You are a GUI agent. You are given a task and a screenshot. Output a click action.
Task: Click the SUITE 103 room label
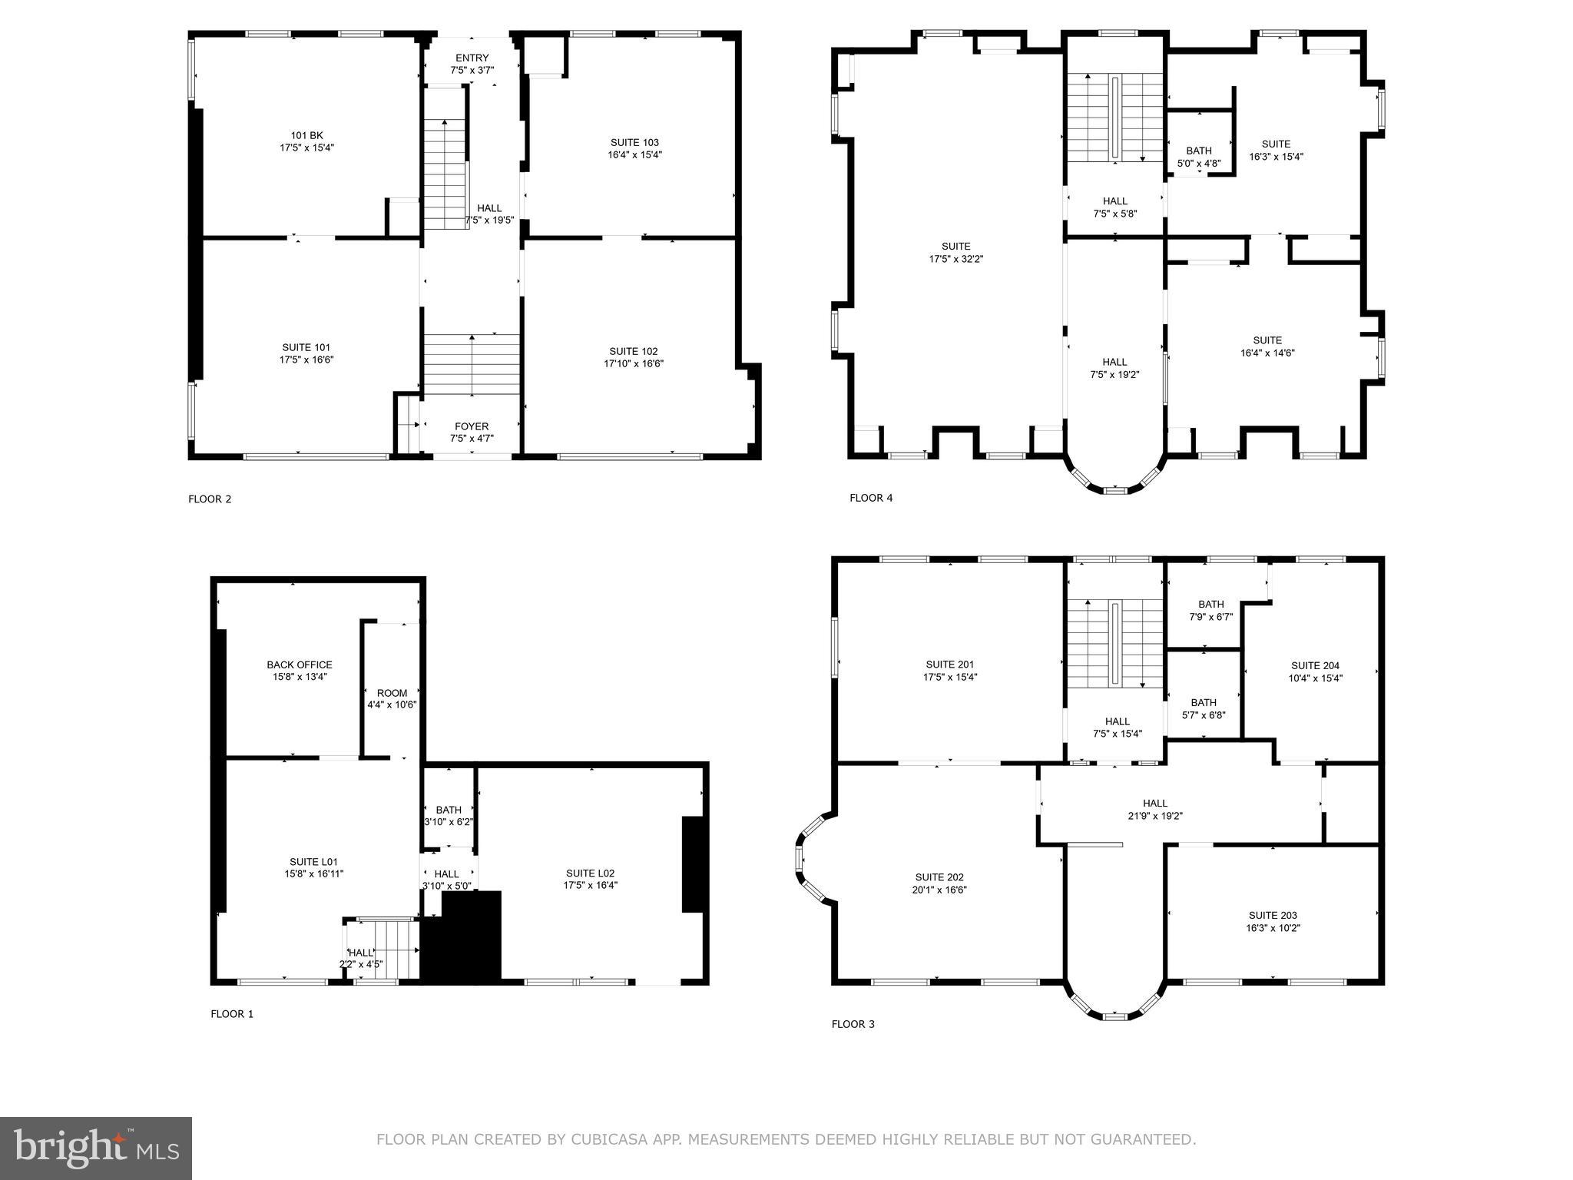click(x=634, y=148)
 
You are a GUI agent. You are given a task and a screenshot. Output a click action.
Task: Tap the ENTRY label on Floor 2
click(x=472, y=64)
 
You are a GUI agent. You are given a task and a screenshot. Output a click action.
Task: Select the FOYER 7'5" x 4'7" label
click(x=472, y=433)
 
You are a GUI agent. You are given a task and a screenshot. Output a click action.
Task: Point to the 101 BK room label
click(x=306, y=141)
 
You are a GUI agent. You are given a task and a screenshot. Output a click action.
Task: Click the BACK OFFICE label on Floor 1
click(x=300, y=671)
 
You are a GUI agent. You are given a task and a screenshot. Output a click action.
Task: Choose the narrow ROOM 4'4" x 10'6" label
click(x=392, y=698)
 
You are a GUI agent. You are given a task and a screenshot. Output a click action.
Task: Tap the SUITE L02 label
click(x=590, y=879)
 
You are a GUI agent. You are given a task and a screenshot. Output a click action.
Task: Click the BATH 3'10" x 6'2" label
click(x=449, y=815)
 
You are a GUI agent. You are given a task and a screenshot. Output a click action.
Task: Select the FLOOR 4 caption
click(x=871, y=498)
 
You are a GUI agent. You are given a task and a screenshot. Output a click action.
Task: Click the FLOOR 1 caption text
click(x=232, y=1014)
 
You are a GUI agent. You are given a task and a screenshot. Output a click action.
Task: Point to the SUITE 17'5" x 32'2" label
click(x=956, y=253)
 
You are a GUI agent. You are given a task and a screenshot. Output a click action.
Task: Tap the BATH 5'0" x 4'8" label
click(x=1198, y=157)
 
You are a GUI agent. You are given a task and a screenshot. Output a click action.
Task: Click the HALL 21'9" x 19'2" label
click(x=1155, y=810)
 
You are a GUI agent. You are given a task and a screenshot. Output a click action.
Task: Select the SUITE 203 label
click(x=1273, y=921)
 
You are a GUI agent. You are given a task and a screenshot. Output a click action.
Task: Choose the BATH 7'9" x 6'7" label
click(x=1210, y=610)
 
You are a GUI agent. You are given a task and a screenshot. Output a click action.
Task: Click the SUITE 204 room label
click(x=1315, y=671)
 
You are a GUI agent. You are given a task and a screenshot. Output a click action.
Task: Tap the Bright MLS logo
click(x=96, y=1149)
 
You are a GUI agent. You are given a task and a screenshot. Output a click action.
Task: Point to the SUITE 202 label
click(x=940, y=883)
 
